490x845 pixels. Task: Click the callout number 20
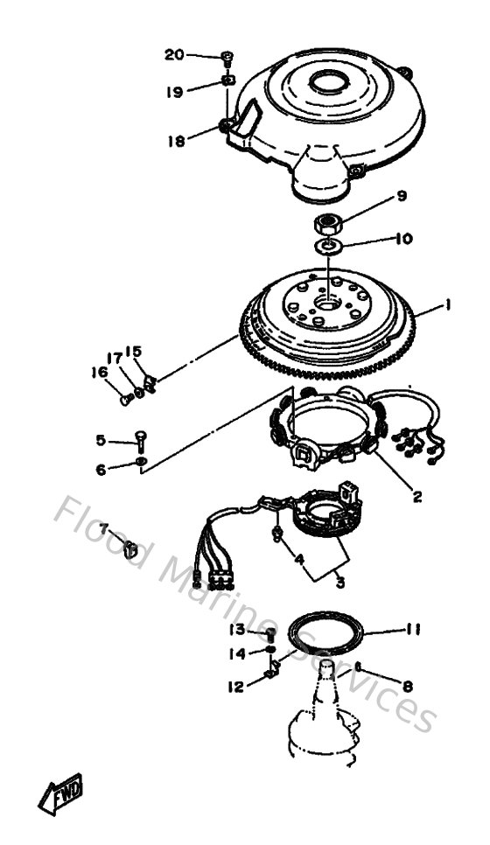(x=175, y=54)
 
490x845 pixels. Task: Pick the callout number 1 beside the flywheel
(x=446, y=305)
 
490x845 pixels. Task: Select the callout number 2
(x=416, y=497)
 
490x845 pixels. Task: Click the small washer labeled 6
(x=142, y=461)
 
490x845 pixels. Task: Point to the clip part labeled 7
(x=129, y=549)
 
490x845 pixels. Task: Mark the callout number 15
(x=133, y=352)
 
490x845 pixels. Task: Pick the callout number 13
(x=236, y=630)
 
